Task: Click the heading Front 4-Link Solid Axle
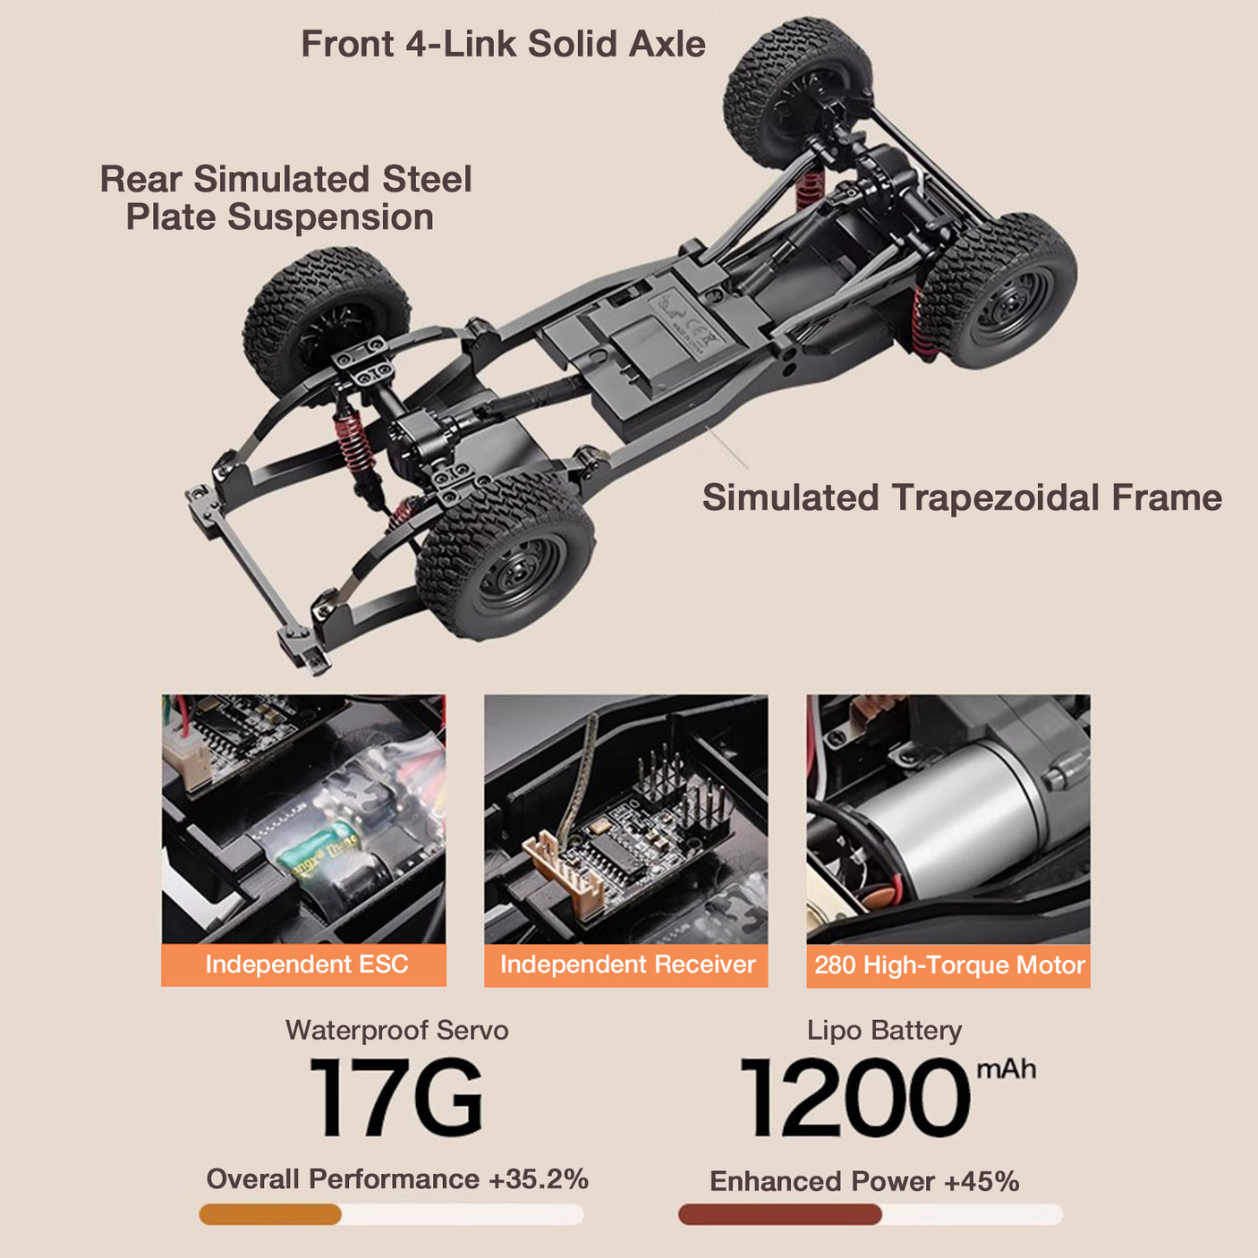pyautogui.click(x=503, y=44)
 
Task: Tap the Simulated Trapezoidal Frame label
pyautogui.click(x=961, y=497)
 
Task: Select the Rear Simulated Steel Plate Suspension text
pyautogui.click(x=285, y=198)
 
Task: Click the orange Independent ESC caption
pyautogui.click(x=304, y=965)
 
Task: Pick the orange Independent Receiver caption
pyautogui.click(x=626, y=965)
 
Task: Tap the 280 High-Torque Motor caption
pyautogui.click(x=948, y=965)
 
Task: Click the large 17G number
pyautogui.click(x=395, y=1099)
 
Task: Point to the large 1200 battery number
pyautogui.click(x=854, y=1099)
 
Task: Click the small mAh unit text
pyautogui.click(x=1006, y=1069)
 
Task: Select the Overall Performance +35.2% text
pyautogui.click(x=396, y=1178)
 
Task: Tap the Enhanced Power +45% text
pyautogui.click(x=864, y=1181)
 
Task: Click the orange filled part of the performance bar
pyautogui.click(x=270, y=1214)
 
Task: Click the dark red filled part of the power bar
pyautogui.click(x=778, y=1214)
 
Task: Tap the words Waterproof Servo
pyautogui.click(x=396, y=1030)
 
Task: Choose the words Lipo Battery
pyautogui.click(x=884, y=1030)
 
